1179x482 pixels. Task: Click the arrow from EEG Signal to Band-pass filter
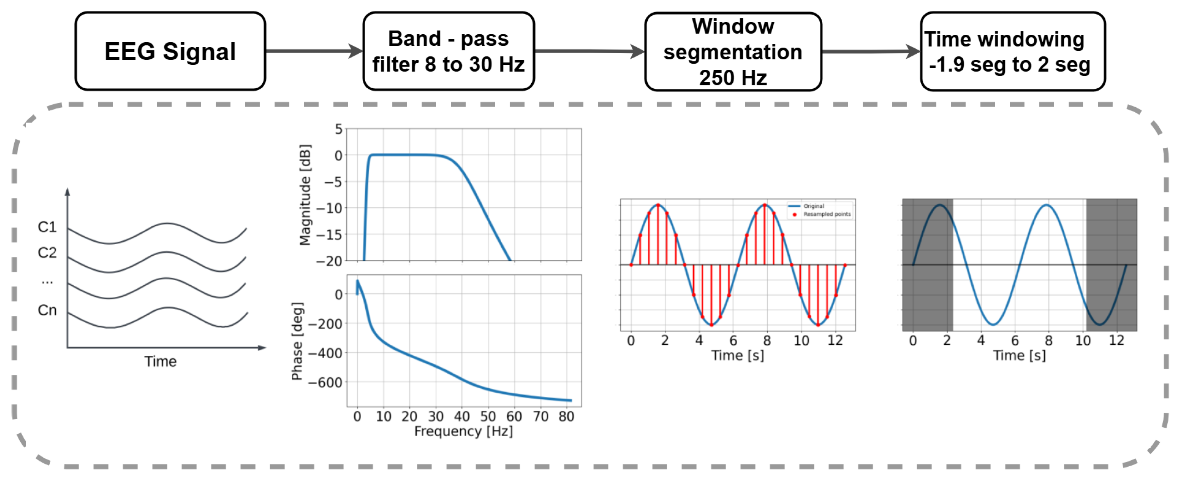[314, 51]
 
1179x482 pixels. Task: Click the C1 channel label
[47, 227]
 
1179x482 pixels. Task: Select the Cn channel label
[47, 310]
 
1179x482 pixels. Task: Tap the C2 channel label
[47, 252]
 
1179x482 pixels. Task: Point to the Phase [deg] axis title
[297, 341]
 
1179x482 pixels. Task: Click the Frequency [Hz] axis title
[463, 431]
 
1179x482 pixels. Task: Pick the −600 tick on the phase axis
[325, 382]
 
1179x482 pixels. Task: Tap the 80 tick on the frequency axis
[566, 417]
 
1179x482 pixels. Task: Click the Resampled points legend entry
[827, 214]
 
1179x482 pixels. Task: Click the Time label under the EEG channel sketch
[161, 361]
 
